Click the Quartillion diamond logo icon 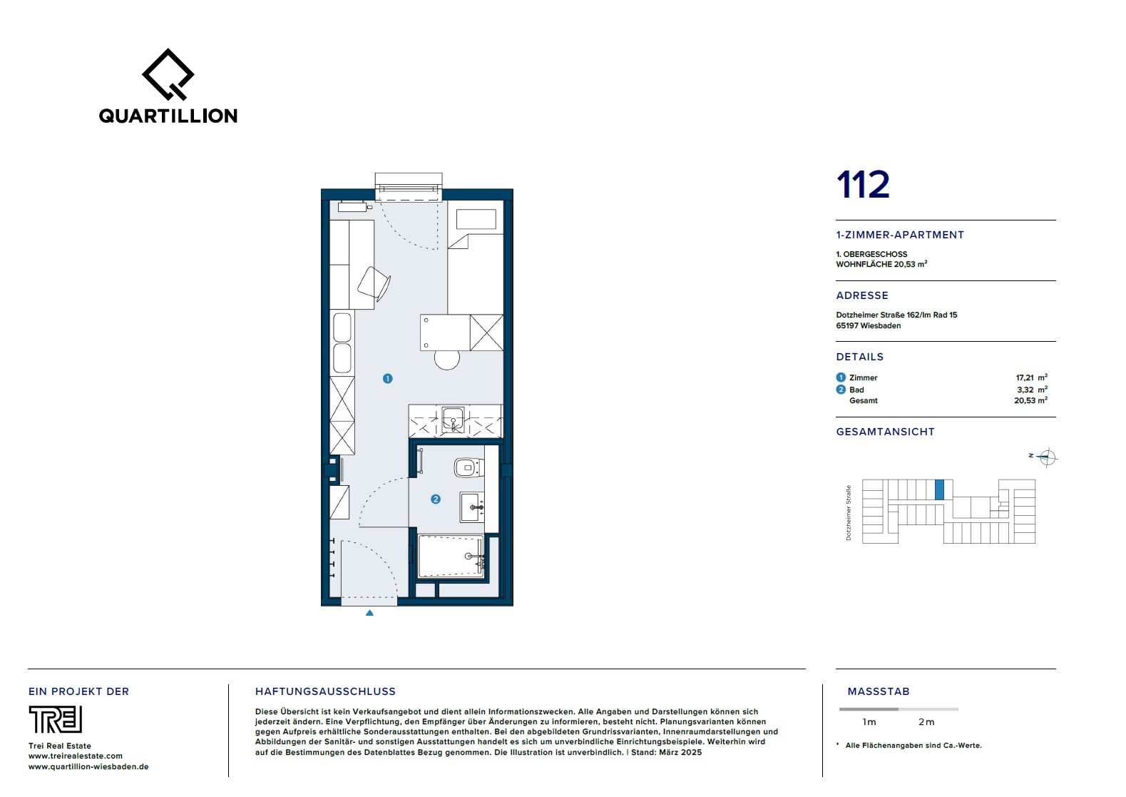point(168,74)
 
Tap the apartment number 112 point(863,185)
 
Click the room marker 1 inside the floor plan point(387,379)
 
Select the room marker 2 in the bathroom point(436,499)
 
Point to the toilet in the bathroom point(469,467)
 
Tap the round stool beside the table point(447,359)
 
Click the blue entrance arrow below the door point(369,613)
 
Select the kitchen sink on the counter point(453,420)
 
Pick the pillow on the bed point(476,219)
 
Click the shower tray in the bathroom point(451,557)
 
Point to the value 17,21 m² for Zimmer point(1031,377)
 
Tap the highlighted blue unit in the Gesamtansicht point(939,489)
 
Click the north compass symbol point(1046,457)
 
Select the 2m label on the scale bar point(926,722)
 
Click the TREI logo point(56,719)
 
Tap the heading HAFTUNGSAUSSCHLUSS point(325,691)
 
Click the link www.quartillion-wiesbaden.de point(88,767)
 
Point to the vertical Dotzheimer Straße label point(849,513)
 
